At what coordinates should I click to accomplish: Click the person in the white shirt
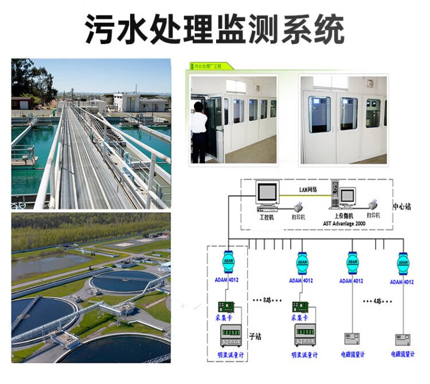(200, 129)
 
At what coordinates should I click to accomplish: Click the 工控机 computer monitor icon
(268, 195)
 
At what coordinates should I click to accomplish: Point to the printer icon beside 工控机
(298, 207)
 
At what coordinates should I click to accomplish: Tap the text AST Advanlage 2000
(344, 223)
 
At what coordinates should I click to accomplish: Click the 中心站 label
(401, 206)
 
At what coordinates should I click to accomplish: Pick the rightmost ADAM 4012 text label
(402, 282)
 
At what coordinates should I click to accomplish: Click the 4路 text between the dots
(377, 300)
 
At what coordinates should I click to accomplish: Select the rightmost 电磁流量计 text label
(404, 355)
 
